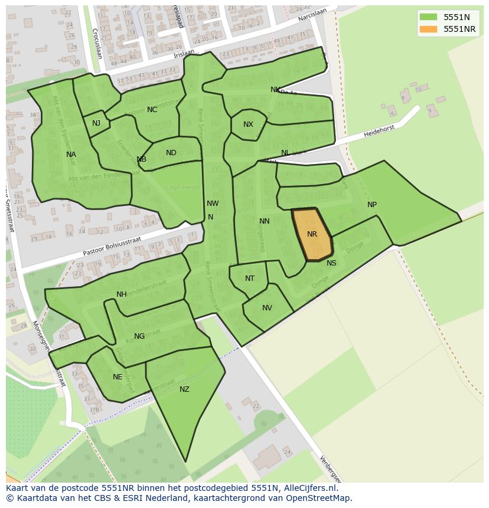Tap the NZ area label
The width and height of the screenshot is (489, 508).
point(184,389)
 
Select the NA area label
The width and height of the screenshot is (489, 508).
point(71,155)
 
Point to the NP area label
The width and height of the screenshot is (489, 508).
point(372,205)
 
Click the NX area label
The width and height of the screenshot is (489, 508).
point(248,124)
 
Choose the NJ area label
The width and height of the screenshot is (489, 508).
point(96,123)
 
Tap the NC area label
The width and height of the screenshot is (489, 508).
point(152,110)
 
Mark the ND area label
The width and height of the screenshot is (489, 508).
point(171,153)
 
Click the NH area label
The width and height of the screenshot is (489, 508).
point(122,294)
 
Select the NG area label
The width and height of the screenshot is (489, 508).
point(139,336)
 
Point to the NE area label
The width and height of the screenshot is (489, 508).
point(118,377)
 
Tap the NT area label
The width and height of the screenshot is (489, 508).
point(250,278)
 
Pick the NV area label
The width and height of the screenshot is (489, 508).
point(267,308)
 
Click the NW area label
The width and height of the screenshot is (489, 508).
point(213,204)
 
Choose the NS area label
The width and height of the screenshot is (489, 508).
point(331,263)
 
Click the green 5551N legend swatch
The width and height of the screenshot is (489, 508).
point(428,17)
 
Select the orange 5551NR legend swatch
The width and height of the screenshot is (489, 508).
point(428,29)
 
